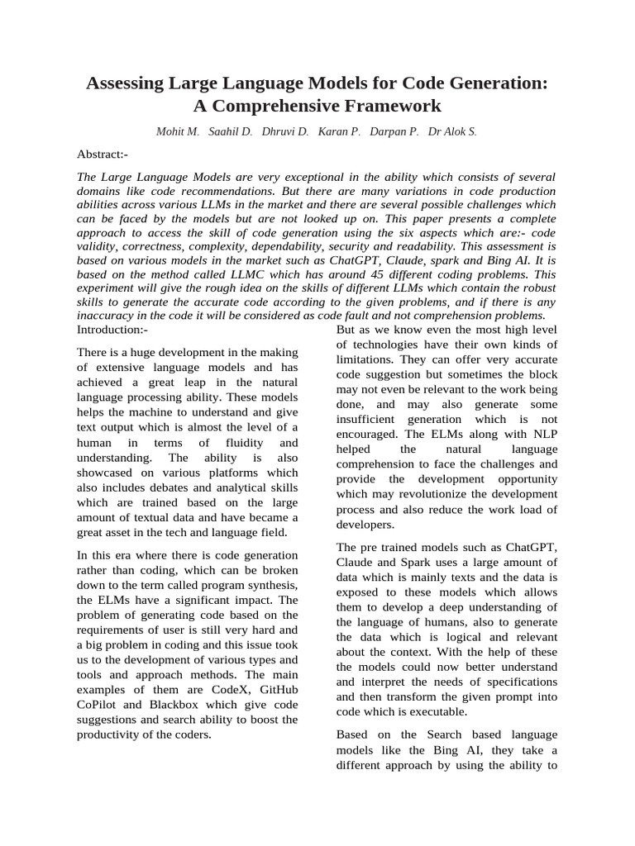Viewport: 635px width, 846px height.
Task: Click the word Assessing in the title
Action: (127, 84)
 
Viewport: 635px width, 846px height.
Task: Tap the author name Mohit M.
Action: (178, 131)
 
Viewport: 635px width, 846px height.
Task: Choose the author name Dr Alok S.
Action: (452, 131)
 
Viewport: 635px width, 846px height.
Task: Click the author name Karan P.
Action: (341, 131)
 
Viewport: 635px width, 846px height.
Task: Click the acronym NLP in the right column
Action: (541, 434)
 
